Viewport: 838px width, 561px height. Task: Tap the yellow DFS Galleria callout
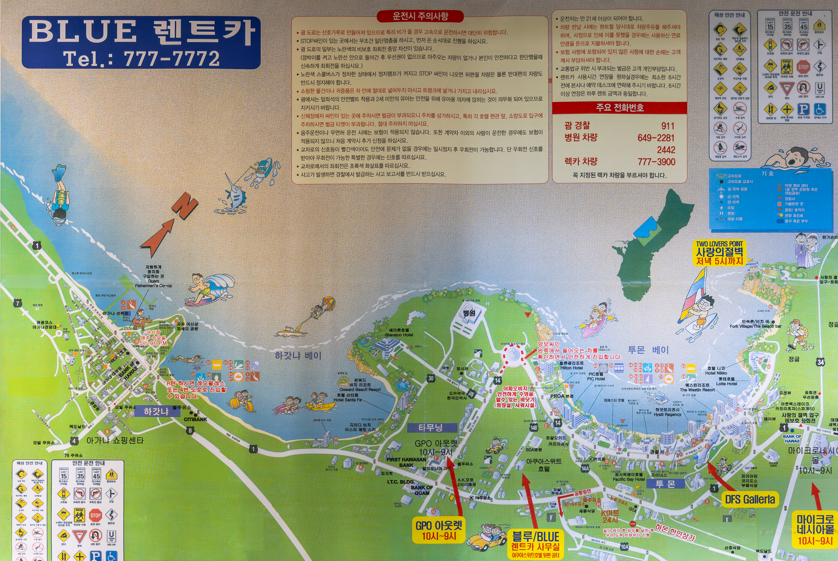coord(750,499)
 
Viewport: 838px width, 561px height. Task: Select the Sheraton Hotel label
coord(399,333)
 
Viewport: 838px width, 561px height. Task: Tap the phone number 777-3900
coord(656,162)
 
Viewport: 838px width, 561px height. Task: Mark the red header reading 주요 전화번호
coord(619,108)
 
